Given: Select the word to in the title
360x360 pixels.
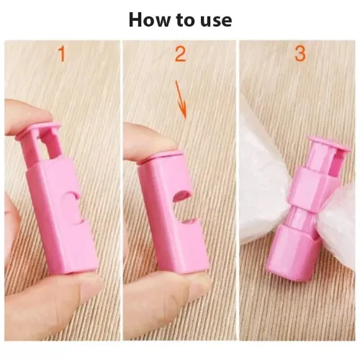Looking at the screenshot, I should click(x=182, y=20).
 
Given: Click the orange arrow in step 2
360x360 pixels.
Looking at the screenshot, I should click(x=182, y=101).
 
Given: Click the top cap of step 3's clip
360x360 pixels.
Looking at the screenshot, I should click(x=328, y=145).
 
